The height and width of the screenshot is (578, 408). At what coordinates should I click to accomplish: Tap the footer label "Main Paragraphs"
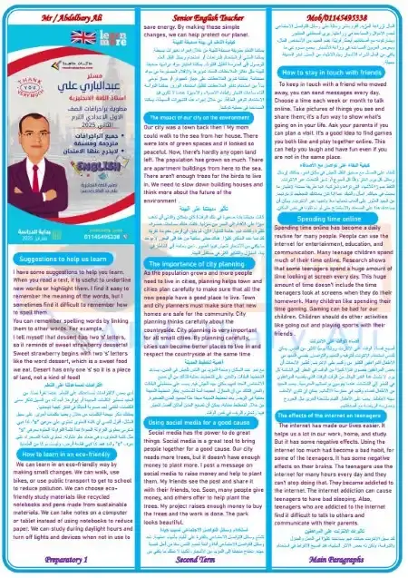[x=339, y=560]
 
